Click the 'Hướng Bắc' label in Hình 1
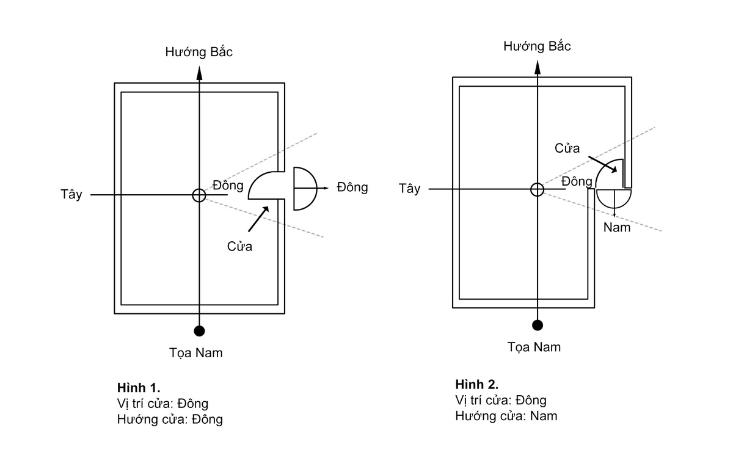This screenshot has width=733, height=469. pos(199,52)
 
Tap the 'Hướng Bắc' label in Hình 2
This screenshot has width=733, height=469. pos(537,46)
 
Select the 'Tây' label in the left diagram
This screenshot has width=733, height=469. pos(71,194)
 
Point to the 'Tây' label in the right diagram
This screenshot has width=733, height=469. pos(409,189)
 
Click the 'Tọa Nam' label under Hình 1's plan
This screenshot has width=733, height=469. pos(195,353)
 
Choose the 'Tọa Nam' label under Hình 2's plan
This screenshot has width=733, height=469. pos(534,347)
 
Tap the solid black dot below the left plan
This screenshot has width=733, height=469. pos(199,331)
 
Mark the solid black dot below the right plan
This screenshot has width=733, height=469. pos(538,325)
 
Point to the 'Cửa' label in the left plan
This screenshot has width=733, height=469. pos(239,246)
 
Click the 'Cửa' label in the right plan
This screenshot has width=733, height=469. pos(567,148)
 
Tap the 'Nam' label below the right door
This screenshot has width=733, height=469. pos(617,228)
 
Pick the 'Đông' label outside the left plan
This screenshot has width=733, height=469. pos(352,187)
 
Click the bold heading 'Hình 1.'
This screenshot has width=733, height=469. pos(139,388)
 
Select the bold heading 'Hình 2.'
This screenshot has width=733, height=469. pos(477,385)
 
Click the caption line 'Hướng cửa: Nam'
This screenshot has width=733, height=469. pos(506,416)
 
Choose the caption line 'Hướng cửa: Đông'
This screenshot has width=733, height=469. pos(170,420)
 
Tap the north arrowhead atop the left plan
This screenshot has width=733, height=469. pos(199,73)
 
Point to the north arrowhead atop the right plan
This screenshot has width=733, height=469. pos(538,67)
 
